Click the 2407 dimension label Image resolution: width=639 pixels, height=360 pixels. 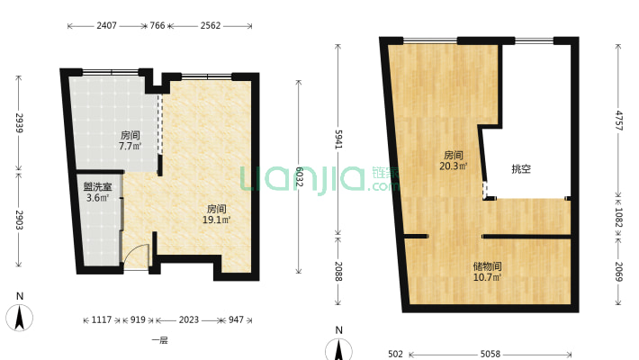point(106,26)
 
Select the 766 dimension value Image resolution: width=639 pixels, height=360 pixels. point(157,26)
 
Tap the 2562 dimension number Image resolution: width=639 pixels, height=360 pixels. point(211,26)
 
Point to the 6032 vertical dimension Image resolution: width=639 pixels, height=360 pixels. point(299,176)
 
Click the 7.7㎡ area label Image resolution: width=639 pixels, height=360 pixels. point(130,146)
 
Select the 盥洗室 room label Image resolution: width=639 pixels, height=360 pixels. point(98,187)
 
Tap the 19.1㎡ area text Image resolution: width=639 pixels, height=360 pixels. point(217,220)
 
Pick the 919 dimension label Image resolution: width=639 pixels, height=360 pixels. point(138,320)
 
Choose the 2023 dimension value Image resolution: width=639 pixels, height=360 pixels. point(189,320)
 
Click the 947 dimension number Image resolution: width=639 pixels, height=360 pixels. point(236,320)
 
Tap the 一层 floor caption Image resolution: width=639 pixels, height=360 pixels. point(160,340)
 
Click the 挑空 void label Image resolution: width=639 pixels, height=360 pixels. point(521,169)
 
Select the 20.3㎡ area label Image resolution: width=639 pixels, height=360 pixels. point(454,166)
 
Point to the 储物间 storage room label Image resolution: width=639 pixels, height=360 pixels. point(488,266)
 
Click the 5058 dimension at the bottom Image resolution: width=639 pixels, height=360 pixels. point(490,354)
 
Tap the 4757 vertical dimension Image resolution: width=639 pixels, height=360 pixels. point(618,121)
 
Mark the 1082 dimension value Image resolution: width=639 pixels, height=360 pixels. point(618,217)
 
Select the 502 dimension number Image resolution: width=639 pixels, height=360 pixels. point(395,354)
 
